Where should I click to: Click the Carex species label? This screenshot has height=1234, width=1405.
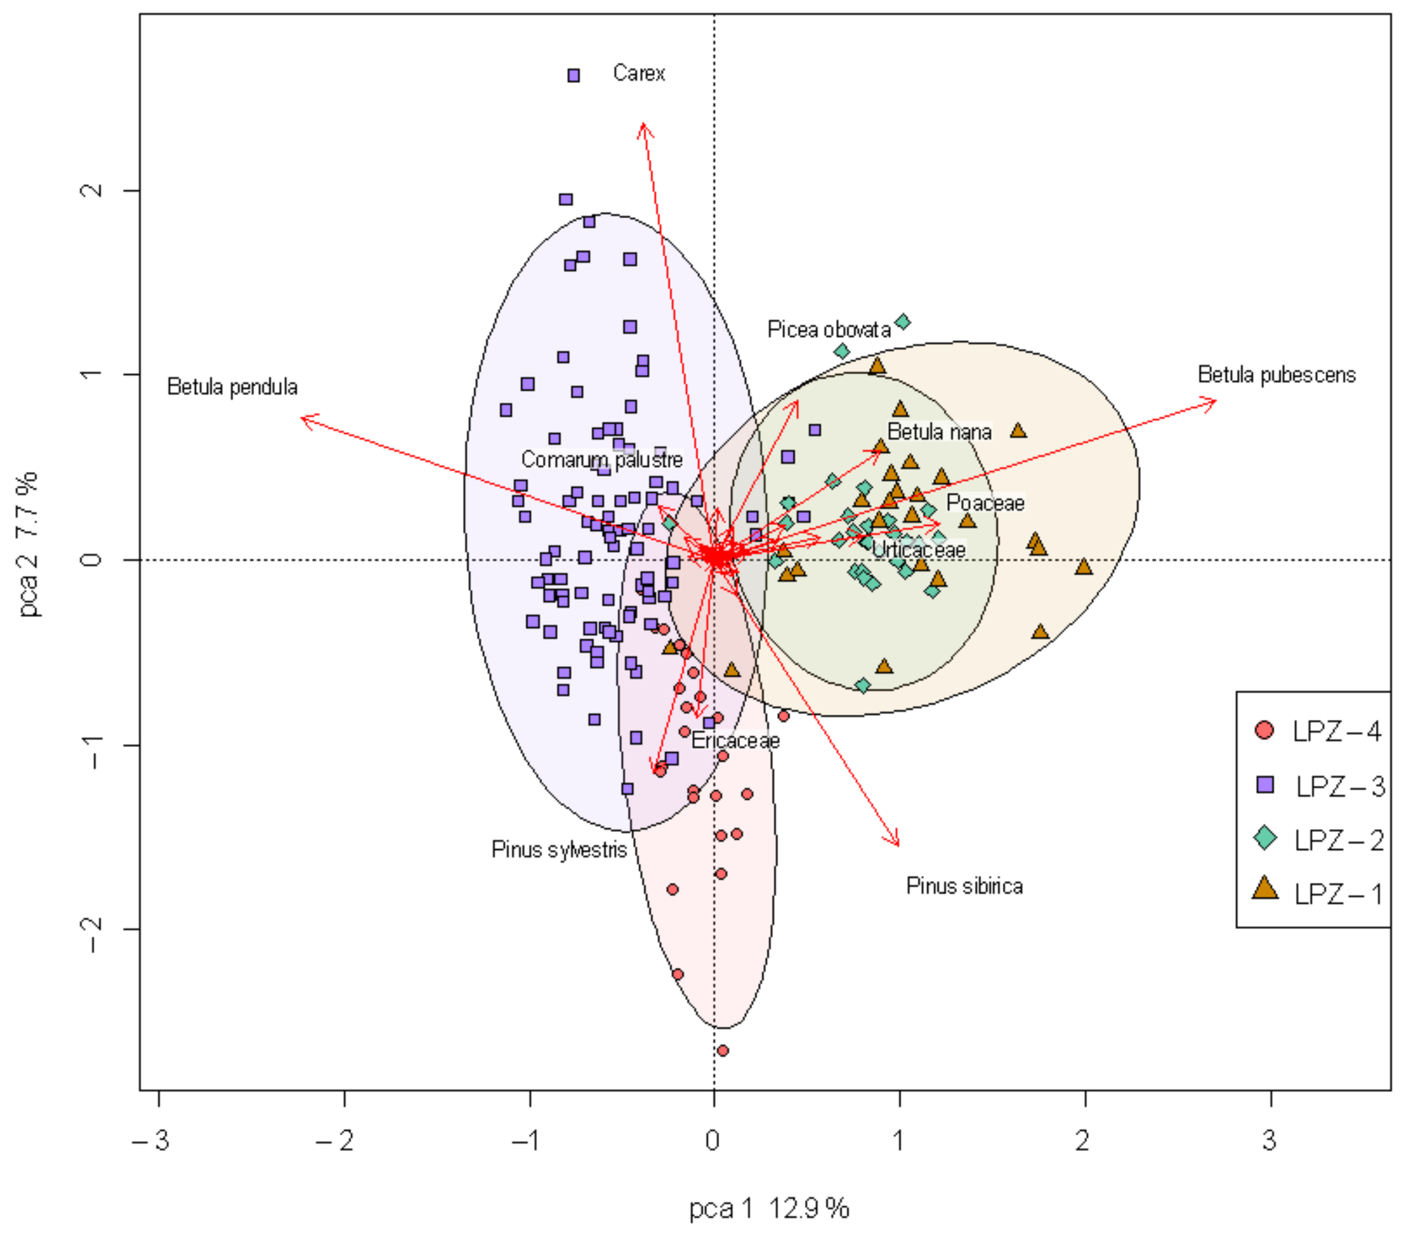[x=639, y=73]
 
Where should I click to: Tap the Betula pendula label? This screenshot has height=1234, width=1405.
[x=232, y=387]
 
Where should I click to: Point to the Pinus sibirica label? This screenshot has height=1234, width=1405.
[x=965, y=886]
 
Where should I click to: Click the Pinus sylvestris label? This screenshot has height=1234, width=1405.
[x=559, y=850]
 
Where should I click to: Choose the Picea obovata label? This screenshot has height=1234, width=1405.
[x=829, y=330]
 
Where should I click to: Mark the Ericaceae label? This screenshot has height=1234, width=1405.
[x=735, y=741]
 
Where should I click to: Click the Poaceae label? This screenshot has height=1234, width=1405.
[x=985, y=503]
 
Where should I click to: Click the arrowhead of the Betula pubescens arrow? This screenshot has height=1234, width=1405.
[x=1214, y=401]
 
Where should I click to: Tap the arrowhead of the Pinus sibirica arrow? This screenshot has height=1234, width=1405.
[x=897, y=844]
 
